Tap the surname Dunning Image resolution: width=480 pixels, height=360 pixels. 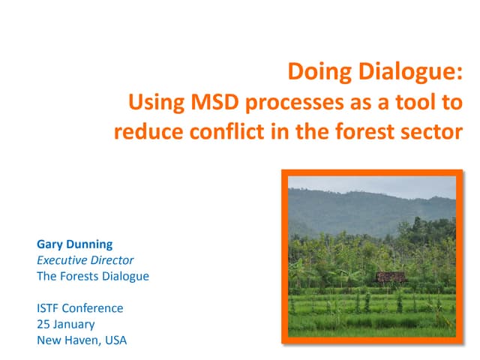coord(90,244)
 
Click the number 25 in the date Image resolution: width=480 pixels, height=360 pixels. coord(44,324)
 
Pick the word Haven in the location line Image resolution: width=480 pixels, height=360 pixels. coord(85,340)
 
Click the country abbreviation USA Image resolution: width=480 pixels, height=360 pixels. coord(115,340)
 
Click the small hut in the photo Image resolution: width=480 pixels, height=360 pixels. coord(390,277)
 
